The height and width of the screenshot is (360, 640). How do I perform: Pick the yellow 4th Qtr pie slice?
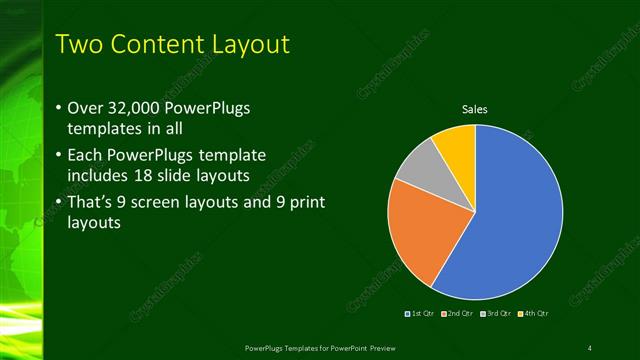(x=456, y=142)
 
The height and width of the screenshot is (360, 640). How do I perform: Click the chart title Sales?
(x=474, y=109)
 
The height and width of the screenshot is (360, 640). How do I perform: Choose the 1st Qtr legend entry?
(x=420, y=314)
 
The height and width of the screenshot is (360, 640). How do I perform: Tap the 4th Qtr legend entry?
(x=533, y=314)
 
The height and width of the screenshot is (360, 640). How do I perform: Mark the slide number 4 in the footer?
(x=589, y=347)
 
